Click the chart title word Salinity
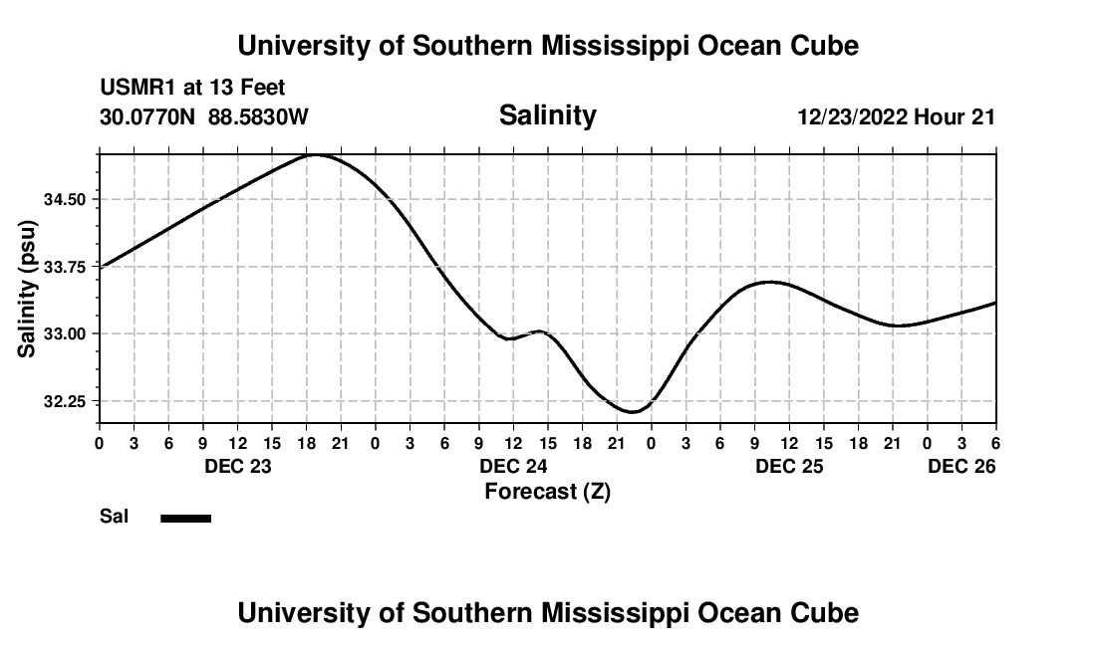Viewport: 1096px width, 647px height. (x=547, y=115)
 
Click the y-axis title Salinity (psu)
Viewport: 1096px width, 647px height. (x=28, y=292)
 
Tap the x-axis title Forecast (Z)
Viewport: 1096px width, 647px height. (x=547, y=491)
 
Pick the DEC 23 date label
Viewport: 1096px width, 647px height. (x=238, y=466)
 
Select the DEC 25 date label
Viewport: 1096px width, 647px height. (x=789, y=466)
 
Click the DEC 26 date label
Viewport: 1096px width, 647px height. (x=961, y=466)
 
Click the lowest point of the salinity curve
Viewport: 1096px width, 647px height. (x=632, y=411)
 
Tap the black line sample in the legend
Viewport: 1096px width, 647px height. (x=186, y=518)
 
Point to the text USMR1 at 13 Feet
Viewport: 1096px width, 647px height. (x=192, y=89)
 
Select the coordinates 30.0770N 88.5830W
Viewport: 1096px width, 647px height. (x=204, y=116)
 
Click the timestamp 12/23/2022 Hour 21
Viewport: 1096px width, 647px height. (x=896, y=116)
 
